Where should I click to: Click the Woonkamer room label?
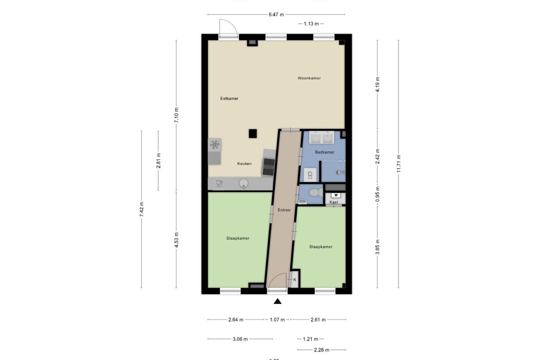tap(309, 78)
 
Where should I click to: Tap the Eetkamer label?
tap(229, 98)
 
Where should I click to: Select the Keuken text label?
tap(244, 163)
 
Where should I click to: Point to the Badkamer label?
tap(324, 152)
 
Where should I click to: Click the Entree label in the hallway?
tap(284, 210)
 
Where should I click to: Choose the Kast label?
tap(334, 202)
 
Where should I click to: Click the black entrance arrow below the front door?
tap(278, 302)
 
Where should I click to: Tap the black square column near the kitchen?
tap(253, 133)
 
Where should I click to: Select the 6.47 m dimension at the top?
tap(276, 15)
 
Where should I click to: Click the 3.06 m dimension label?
tap(239, 339)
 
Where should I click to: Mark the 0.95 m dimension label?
tap(377, 194)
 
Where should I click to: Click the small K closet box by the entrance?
tap(294, 280)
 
